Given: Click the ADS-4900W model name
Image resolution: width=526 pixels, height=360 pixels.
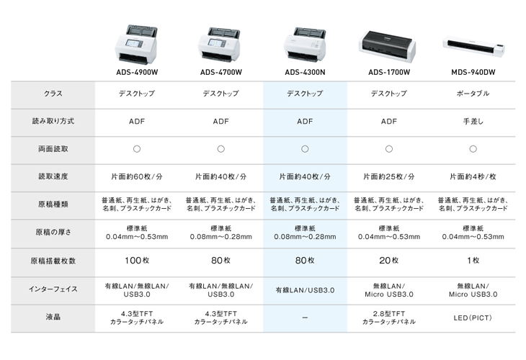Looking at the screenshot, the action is click(137, 72).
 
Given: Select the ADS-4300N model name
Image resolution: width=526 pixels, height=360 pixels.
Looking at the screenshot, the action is click(305, 72).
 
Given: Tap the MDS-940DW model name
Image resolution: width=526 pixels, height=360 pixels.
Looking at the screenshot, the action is click(473, 72).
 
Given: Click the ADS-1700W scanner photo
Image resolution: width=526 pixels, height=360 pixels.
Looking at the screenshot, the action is click(388, 46).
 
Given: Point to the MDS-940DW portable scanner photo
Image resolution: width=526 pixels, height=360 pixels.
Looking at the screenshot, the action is click(473, 48).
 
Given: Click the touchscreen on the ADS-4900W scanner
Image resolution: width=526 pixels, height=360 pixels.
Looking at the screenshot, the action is click(134, 43).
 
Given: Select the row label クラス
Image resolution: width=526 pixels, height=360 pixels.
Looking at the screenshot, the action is click(53, 94).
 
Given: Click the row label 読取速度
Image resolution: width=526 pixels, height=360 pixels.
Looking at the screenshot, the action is click(53, 176).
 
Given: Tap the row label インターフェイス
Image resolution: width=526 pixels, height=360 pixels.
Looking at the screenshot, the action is click(53, 289).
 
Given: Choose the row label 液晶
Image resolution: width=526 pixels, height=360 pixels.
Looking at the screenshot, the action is click(53, 317).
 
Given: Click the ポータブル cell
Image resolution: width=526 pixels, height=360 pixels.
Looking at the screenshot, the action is click(473, 94).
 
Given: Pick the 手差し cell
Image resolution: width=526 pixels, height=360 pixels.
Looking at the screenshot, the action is click(473, 122).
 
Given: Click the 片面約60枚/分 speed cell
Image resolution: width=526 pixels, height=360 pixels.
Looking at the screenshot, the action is click(137, 176).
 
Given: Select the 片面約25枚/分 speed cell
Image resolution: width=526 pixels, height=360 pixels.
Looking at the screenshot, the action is click(389, 176).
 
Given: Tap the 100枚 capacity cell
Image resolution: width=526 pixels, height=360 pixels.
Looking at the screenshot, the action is click(137, 261).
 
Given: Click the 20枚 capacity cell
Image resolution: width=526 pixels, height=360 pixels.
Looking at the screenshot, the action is click(389, 261).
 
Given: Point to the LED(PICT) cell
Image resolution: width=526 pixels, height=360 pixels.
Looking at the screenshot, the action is click(473, 318).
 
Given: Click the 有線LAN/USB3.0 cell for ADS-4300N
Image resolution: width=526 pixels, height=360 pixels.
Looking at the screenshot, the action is click(305, 290).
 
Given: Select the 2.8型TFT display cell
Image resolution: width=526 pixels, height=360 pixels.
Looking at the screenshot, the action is click(389, 318).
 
